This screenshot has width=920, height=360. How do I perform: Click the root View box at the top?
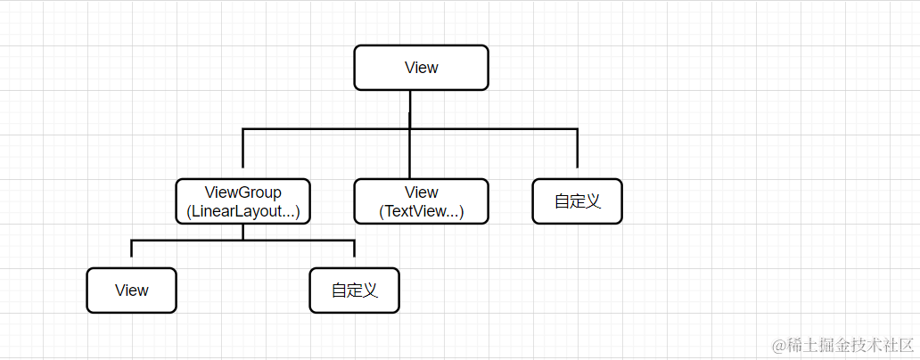pos(421,68)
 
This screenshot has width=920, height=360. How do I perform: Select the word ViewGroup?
pos(242,192)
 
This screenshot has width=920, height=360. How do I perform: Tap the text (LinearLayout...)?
pos(242,212)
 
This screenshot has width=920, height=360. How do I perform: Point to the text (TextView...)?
pos(421,212)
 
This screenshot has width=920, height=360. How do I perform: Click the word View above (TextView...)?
pos(421,192)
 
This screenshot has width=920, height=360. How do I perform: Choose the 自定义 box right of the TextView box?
pos(577,201)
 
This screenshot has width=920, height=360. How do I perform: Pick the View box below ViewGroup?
pos(131,290)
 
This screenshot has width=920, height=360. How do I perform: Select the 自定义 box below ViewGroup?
pos(354,290)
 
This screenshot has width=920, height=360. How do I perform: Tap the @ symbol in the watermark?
pos(777,345)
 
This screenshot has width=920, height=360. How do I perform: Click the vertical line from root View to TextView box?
pos(410,153)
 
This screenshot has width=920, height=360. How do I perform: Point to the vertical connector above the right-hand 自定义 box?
pos(577,150)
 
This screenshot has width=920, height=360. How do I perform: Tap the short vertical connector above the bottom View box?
pos(131,250)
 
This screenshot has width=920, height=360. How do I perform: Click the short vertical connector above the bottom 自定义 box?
pos(354,250)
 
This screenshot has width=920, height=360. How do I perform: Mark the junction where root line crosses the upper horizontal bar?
pos(410,129)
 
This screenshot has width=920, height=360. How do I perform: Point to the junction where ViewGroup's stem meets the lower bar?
pos(242,241)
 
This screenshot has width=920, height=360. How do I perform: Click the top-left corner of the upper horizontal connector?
pos(242,129)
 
